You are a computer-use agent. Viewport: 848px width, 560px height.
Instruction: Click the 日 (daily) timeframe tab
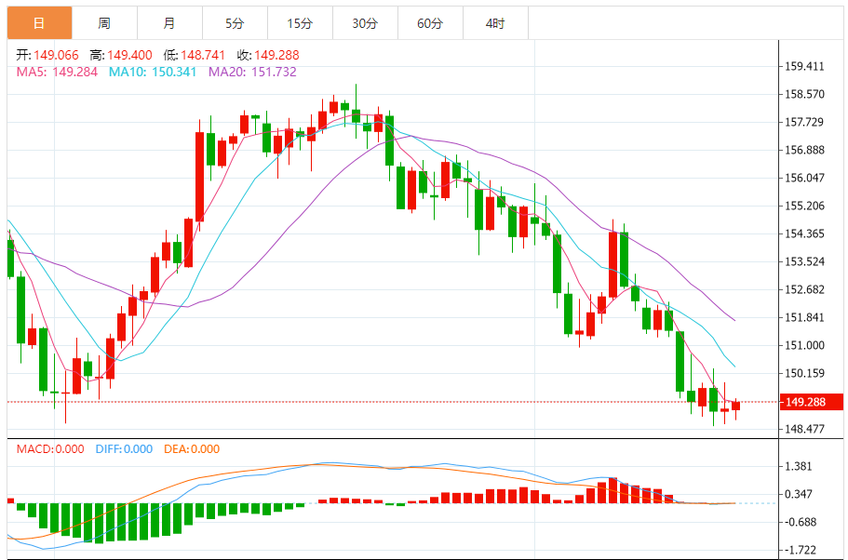39,23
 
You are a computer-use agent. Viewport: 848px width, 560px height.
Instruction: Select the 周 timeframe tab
104,23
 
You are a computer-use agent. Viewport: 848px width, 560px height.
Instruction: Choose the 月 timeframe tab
168,23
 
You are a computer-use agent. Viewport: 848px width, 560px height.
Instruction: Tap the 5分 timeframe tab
235,23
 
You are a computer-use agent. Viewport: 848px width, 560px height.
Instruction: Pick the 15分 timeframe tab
300,23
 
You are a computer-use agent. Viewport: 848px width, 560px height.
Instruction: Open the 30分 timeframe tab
365,23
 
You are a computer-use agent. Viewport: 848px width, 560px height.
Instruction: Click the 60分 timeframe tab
430,23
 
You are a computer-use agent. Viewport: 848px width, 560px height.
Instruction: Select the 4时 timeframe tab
495,23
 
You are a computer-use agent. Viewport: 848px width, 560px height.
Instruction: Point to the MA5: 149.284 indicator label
57,72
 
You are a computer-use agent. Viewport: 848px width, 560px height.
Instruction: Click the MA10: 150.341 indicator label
153,72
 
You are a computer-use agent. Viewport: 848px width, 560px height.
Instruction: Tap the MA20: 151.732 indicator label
252,72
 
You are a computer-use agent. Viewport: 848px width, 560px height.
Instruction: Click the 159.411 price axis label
805,66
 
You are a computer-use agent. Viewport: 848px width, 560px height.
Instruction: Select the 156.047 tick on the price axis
805,178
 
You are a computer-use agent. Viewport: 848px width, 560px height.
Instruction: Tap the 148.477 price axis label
805,429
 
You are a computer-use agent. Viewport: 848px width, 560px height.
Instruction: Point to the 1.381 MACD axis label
801,466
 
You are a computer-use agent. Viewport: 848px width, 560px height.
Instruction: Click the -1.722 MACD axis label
801,550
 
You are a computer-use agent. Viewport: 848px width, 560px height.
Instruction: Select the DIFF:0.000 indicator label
124,449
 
